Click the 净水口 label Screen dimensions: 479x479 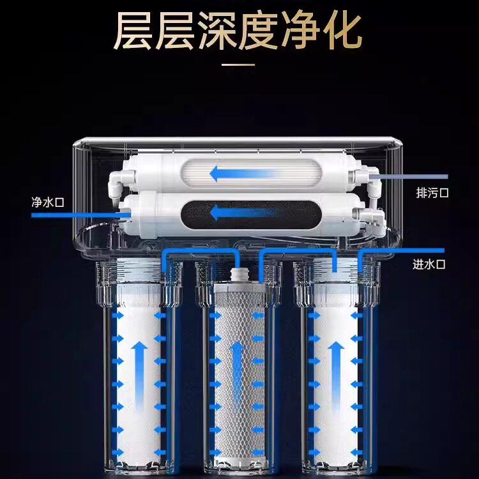coord(49,202)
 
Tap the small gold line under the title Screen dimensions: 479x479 coord(239,64)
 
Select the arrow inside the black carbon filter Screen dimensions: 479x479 coord(237,211)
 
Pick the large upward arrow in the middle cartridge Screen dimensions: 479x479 coord(237,364)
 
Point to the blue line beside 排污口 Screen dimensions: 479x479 coord(415,176)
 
